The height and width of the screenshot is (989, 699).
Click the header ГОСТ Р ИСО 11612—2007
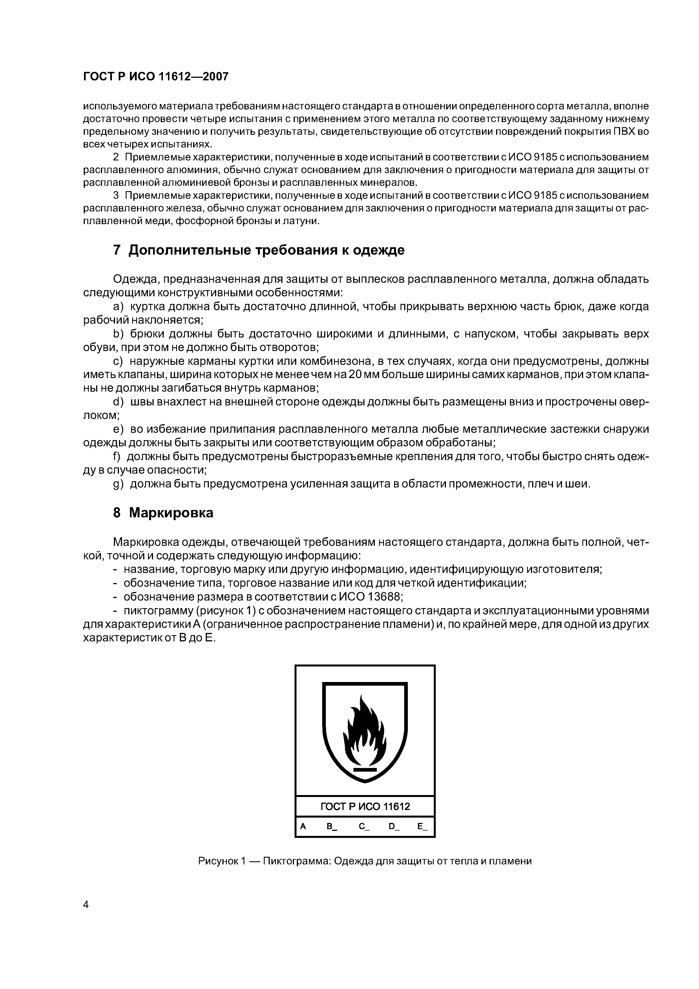pyautogui.click(x=156, y=77)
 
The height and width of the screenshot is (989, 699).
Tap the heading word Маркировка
pyautogui.click(x=171, y=513)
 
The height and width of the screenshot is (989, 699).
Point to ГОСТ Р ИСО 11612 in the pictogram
pyautogui.click(x=365, y=806)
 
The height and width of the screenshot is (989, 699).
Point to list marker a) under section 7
pyautogui.click(x=118, y=307)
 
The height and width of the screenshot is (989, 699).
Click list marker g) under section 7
pyautogui.click(x=118, y=484)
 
